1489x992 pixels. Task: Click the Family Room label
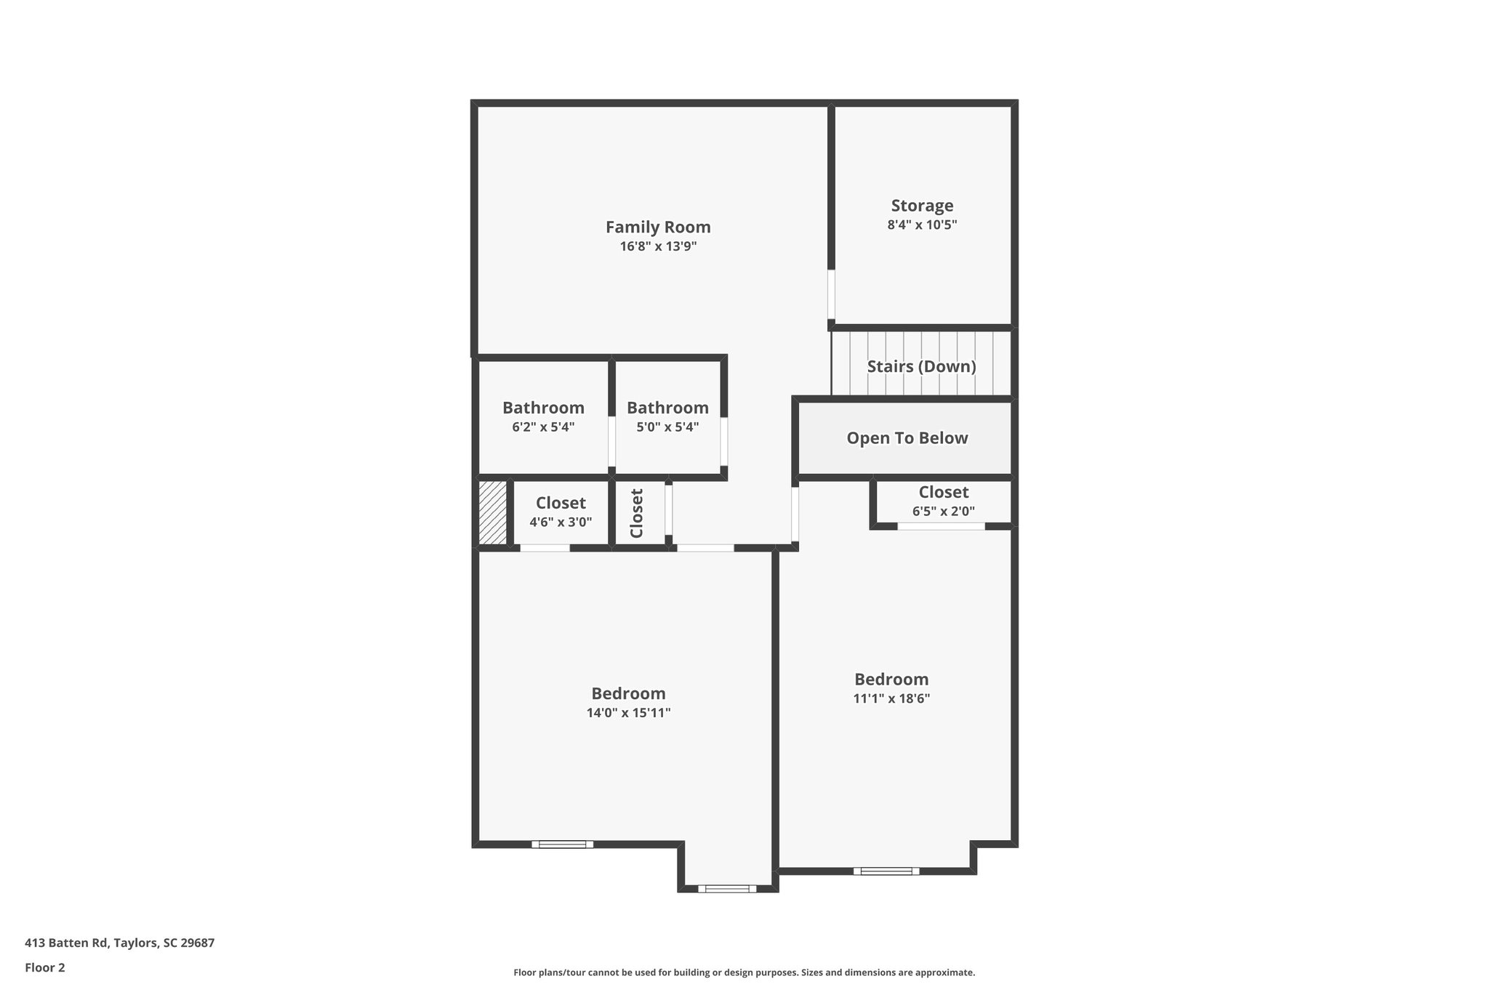click(658, 227)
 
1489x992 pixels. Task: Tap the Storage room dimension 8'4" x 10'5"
click(922, 225)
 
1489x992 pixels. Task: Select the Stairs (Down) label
click(921, 366)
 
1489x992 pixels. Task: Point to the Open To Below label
click(907, 438)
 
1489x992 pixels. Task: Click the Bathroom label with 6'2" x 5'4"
click(543, 408)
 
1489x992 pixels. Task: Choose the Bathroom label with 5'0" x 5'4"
click(667, 408)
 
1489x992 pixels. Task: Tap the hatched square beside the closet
click(492, 512)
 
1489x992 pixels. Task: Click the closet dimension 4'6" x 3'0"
click(561, 522)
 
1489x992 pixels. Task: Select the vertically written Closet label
click(637, 513)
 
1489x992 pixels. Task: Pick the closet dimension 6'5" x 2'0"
click(943, 512)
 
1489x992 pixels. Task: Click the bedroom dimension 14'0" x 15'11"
click(628, 713)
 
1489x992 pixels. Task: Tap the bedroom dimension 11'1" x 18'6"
click(891, 699)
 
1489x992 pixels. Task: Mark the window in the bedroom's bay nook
click(727, 888)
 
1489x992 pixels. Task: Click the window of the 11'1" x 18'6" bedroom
click(886, 871)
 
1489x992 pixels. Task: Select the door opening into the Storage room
click(831, 294)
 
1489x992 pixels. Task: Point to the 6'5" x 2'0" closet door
click(941, 526)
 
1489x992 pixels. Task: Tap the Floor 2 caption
click(45, 967)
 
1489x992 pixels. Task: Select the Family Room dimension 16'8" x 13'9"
click(658, 247)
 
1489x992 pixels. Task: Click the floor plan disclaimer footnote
click(744, 972)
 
